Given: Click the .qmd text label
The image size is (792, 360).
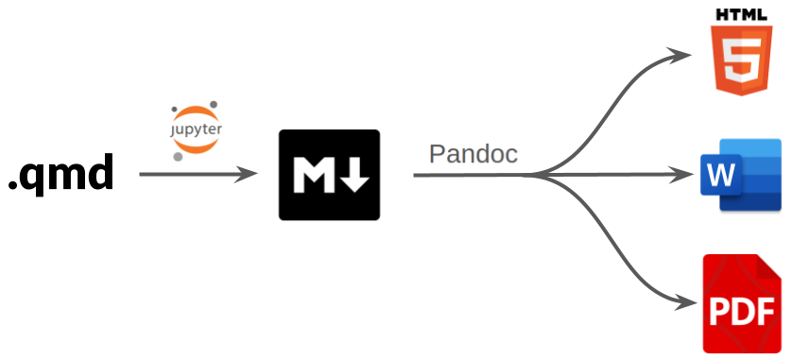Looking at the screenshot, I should point(61,175).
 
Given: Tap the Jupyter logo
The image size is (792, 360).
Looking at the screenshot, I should point(196,129).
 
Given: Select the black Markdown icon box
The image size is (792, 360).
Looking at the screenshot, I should point(329,175).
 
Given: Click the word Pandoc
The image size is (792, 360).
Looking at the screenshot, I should point(473,154).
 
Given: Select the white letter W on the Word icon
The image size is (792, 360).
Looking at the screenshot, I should point(720,176).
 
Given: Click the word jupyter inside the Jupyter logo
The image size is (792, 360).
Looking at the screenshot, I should point(196,129).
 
